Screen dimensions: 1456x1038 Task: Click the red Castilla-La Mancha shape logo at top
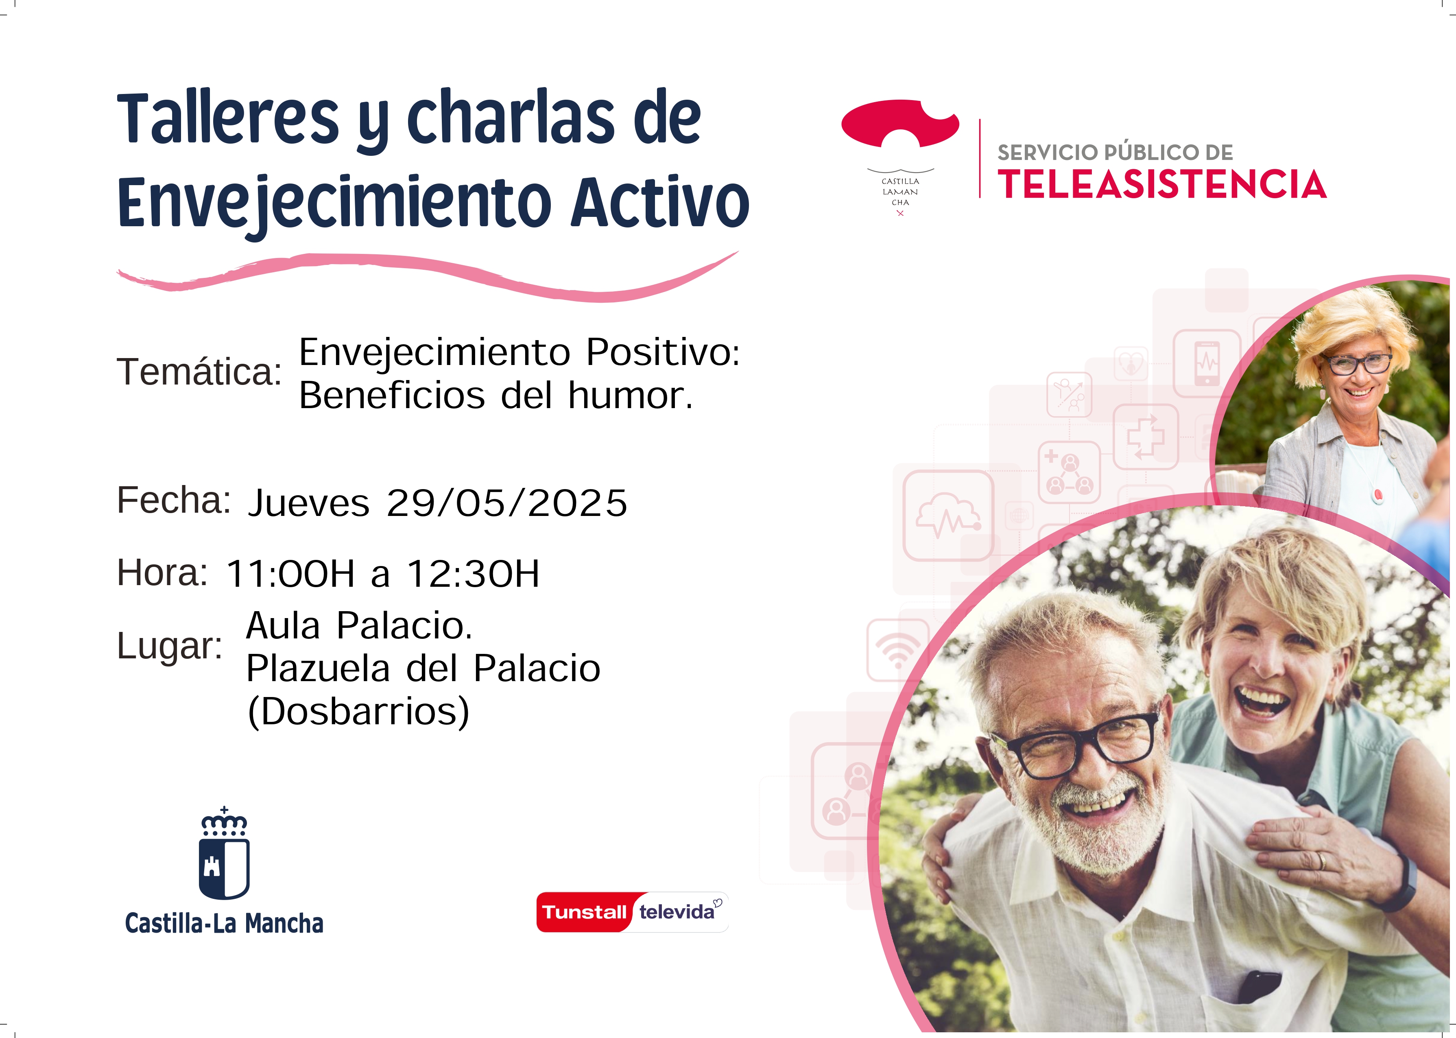(900, 123)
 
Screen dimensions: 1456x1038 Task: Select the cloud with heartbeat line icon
(949, 515)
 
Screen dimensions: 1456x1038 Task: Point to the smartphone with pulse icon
(1207, 363)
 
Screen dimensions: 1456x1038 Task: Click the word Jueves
(309, 503)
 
